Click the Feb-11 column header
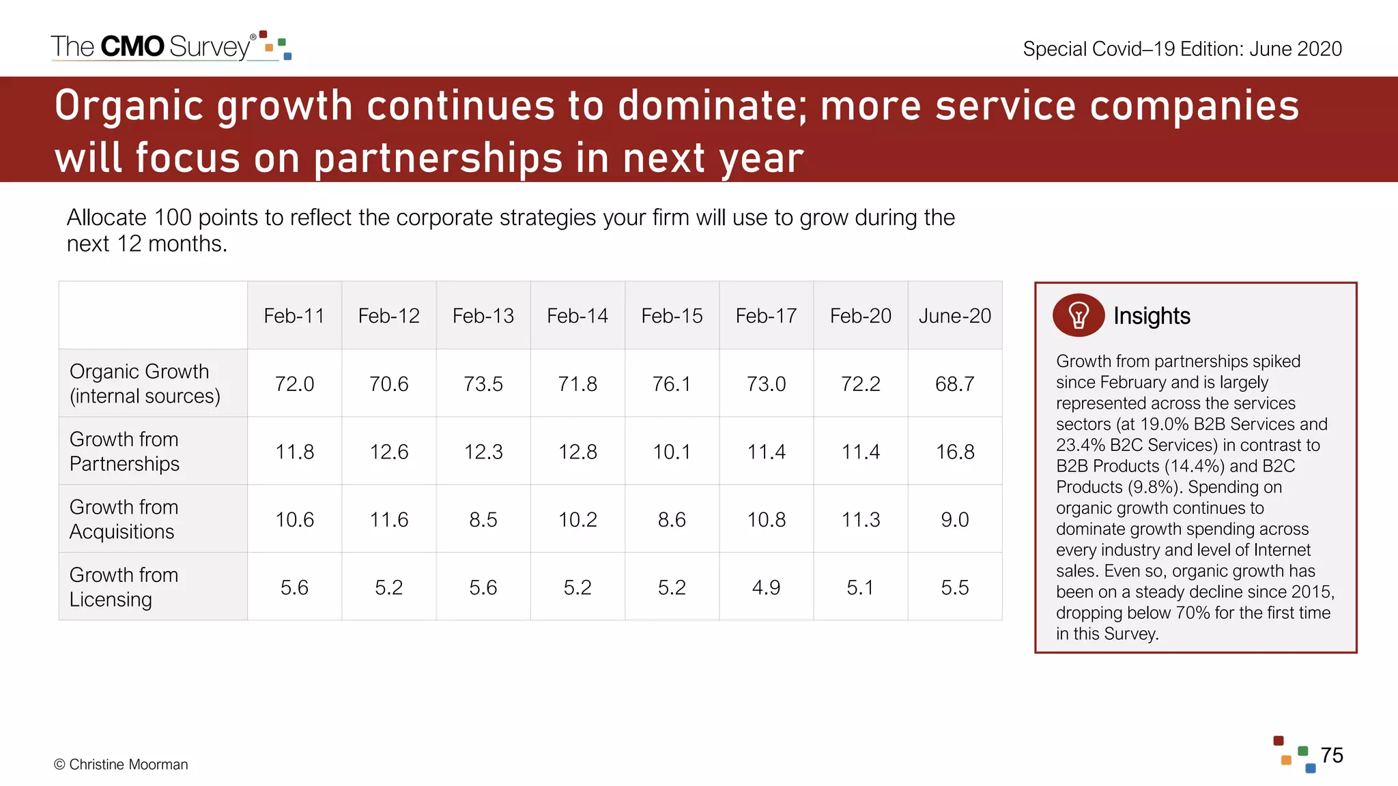pos(294,316)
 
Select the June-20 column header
pos(954,316)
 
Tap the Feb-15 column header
pos(672,316)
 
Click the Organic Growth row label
pos(145,383)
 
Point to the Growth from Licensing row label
pos(124,587)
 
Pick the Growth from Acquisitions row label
pos(124,519)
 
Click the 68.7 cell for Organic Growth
pos(954,384)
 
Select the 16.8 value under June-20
pos(954,452)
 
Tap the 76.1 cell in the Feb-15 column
pos(672,384)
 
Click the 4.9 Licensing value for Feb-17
pos(766,587)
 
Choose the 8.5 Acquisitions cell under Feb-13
pos(483,520)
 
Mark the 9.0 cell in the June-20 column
pos(954,520)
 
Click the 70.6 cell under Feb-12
pos(388,384)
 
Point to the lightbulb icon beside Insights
pos(1079,315)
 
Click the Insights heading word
pos(1152,316)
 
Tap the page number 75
pos(1331,755)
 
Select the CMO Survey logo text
pos(152,46)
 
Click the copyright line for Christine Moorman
pos(121,764)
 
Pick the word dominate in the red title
pos(713,106)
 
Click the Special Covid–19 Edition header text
pos(1182,49)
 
